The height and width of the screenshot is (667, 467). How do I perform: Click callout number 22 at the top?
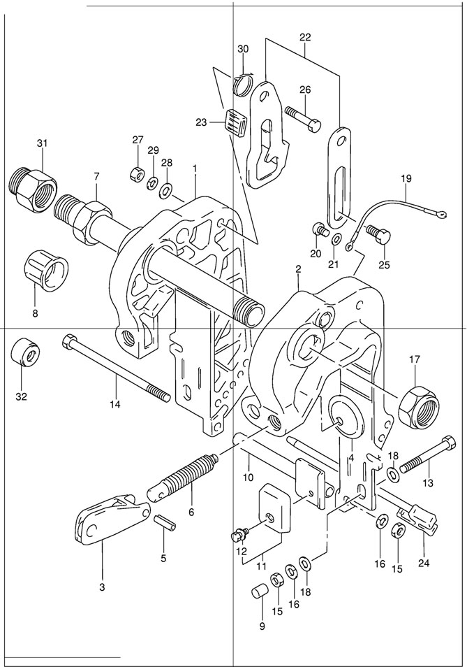306,36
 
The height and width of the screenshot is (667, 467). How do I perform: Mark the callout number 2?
298,268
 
